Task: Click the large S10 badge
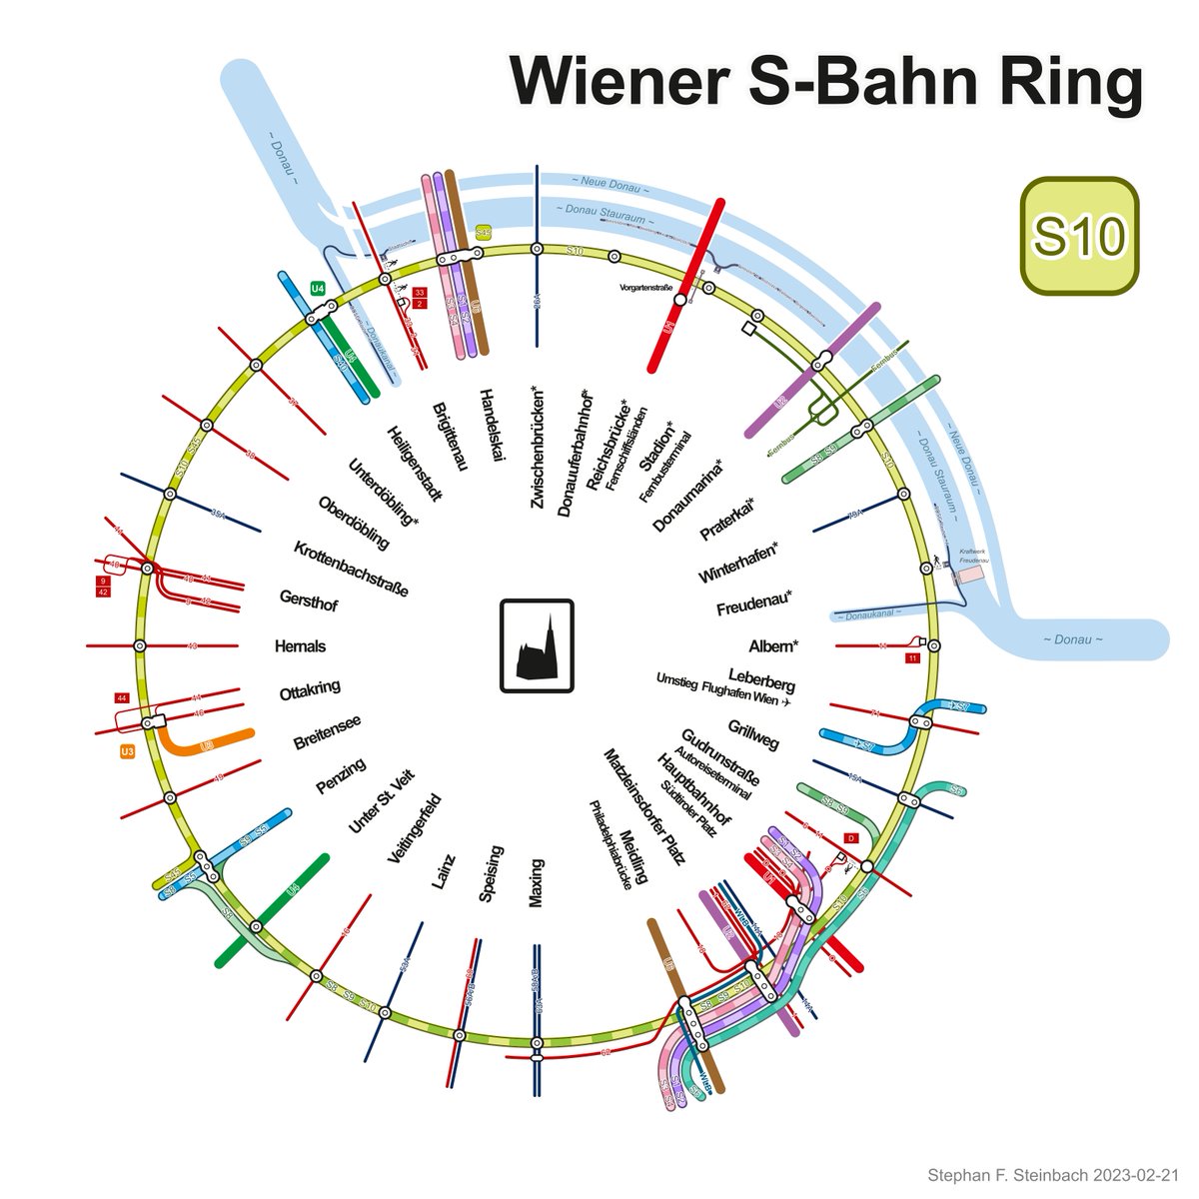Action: click(x=1079, y=236)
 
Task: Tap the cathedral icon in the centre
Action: click(x=538, y=645)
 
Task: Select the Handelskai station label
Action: click(x=491, y=425)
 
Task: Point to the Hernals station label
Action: click(x=300, y=646)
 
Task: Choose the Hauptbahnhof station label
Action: click(x=692, y=789)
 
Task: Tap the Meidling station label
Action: click(x=633, y=855)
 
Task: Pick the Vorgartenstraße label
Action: click(x=650, y=288)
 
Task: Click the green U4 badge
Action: click(x=318, y=289)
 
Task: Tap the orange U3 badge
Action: click(x=127, y=751)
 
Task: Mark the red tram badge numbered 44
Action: click(x=122, y=697)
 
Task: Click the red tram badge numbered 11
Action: click(x=911, y=659)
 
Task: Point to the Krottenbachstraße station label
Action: click(x=351, y=568)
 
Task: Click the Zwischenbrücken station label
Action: click(x=539, y=447)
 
